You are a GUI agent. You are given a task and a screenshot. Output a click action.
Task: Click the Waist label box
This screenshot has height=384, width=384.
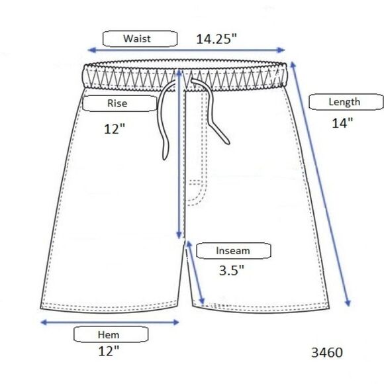[x=140, y=38]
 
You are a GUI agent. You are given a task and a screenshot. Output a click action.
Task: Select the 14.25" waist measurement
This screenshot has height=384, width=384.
[x=216, y=39]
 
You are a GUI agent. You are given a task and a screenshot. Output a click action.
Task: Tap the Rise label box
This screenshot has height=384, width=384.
[x=120, y=103]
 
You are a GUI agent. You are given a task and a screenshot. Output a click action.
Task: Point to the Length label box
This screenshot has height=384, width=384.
[x=346, y=102]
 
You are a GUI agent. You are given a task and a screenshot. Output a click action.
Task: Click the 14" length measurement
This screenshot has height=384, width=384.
[x=342, y=123]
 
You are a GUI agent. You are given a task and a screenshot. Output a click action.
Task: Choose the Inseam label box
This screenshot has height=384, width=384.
[x=234, y=251]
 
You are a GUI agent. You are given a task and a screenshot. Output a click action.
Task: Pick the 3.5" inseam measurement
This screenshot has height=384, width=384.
[x=232, y=270]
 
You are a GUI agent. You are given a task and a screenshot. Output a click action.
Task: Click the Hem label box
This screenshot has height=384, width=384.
[x=111, y=334]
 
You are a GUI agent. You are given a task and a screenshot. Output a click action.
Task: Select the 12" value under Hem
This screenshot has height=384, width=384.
[x=109, y=351]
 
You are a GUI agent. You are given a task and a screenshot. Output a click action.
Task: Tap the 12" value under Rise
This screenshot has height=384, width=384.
[x=115, y=129]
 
